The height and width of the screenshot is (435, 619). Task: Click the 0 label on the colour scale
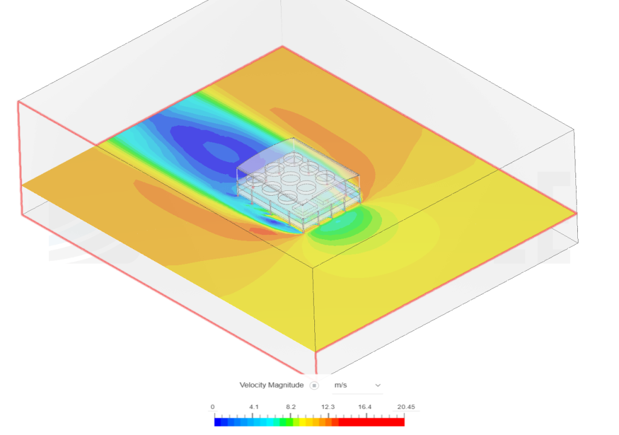[x=212, y=407]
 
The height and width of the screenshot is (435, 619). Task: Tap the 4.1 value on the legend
[x=254, y=407]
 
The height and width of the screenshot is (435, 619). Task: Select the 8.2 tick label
[x=291, y=407]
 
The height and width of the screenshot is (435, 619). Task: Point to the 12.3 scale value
[x=328, y=407]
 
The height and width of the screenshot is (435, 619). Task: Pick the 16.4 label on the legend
[x=365, y=407]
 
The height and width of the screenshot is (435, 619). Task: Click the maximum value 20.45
[x=406, y=407]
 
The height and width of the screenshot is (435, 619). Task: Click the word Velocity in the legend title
[x=252, y=385]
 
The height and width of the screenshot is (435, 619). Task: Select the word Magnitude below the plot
[x=286, y=385]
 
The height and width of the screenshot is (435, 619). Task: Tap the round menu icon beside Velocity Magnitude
[x=314, y=385]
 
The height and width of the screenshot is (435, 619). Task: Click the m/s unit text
[x=341, y=385]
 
